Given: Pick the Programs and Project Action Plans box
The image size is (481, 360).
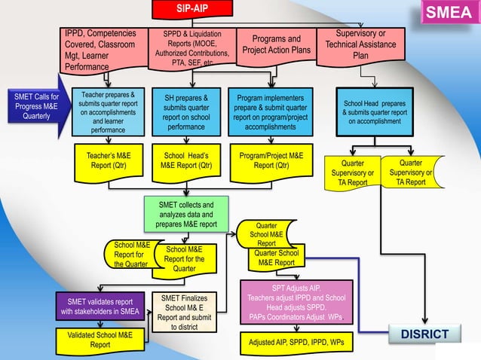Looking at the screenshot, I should click(275, 44).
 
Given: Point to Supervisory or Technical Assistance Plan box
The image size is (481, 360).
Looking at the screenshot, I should click(360, 45).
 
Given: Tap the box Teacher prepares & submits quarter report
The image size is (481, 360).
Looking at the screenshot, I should click(109, 112).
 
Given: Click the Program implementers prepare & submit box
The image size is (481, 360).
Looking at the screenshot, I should click(271, 112).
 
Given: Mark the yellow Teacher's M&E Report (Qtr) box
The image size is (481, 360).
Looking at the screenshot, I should click(109, 160).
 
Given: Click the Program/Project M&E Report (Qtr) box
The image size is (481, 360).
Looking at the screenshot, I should click(271, 160).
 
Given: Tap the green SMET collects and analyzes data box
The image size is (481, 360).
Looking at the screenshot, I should click(185, 214).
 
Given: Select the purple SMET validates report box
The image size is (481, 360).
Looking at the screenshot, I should click(100, 307).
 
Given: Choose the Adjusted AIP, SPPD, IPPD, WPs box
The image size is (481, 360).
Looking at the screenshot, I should click(296, 342).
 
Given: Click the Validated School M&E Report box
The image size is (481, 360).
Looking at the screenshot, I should click(100, 339).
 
